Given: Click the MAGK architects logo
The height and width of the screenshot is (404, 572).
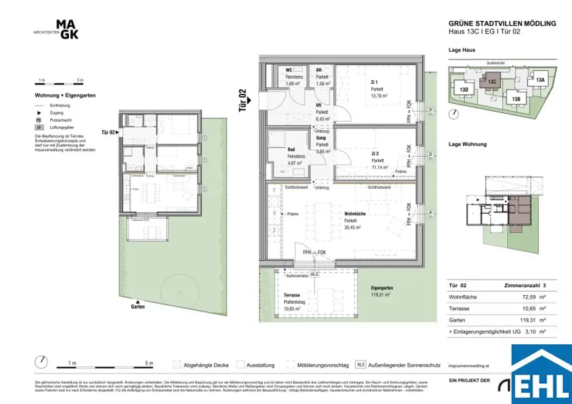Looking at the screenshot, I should click(x=67, y=30).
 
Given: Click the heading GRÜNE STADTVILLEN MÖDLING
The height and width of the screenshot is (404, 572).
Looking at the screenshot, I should click(x=502, y=23).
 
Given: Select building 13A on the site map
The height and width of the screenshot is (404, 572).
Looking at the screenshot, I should click(x=540, y=80).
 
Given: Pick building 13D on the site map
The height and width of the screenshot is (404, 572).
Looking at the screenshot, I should click(x=463, y=89).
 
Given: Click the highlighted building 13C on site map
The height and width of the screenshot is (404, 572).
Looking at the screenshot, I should click(x=492, y=81).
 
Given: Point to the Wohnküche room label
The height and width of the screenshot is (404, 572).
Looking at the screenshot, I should click(x=355, y=213).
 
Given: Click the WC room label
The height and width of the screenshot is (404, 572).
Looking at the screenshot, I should click(x=289, y=70).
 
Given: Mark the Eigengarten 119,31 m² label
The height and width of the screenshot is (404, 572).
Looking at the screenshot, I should click(x=380, y=291).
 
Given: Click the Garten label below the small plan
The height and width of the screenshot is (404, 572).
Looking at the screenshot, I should click(x=138, y=307).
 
